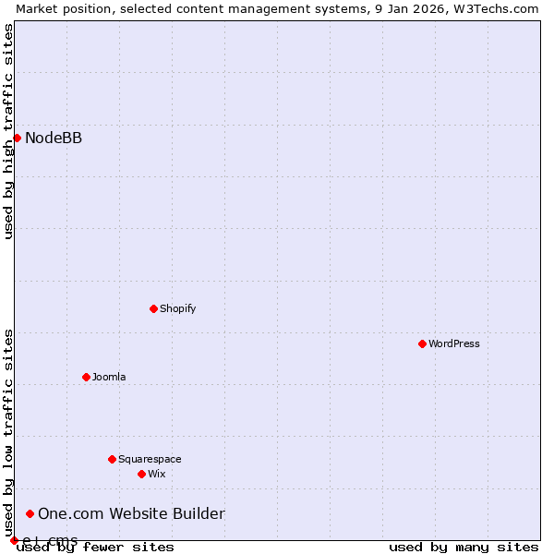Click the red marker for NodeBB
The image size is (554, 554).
pos(17,138)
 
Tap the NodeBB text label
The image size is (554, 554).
pos(54,138)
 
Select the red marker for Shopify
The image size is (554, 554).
pos(153,308)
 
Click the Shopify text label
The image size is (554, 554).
pos(177,308)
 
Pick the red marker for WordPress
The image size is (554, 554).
pos(422,343)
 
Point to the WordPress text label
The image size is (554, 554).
pos(453,343)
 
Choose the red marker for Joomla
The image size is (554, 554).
pos(86,377)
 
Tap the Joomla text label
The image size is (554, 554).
pos(109,377)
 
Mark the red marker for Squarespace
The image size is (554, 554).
pos(112,459)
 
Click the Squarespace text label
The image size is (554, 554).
pos(150,459)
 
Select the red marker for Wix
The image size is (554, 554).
pos(141,474)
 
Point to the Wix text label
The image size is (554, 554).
pos(157,474)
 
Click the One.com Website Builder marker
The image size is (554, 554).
pos(30,513)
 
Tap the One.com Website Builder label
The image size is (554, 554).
pos(131,514)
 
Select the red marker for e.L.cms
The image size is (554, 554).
pos(14,540)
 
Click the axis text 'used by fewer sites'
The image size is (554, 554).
pos(96,547)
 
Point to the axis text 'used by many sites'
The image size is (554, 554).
pos(464,547)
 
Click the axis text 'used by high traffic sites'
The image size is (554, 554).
pos(8,131)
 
